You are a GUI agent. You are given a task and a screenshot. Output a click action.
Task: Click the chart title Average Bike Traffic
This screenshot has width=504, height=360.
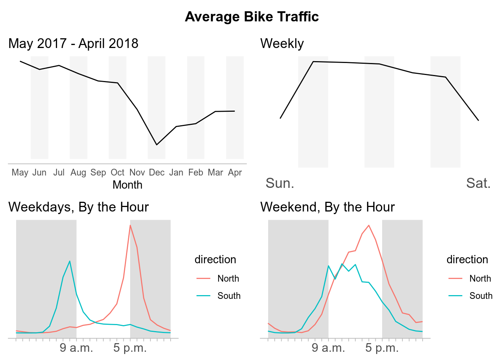coord(252,17)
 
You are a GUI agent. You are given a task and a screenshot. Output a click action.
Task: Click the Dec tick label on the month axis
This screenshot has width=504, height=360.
coord(157,172)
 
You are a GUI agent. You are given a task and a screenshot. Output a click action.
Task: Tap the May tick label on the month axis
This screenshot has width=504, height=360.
coord(20,172)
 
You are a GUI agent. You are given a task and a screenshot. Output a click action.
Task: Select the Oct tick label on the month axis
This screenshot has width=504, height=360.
coord(117,172)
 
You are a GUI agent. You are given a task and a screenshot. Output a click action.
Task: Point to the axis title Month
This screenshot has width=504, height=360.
coord(127,185)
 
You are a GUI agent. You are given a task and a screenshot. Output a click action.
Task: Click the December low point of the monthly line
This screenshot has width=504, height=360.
coord(157,145)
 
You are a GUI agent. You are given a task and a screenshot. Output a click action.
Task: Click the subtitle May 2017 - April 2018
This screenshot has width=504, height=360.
coord(73,43)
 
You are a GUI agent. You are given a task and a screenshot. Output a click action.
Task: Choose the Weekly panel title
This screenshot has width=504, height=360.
coord(282,43)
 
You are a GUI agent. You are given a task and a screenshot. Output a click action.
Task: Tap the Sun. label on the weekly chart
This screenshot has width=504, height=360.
coord(280,183)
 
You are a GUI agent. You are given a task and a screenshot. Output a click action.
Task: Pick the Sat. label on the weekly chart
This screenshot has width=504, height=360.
coord(478,183)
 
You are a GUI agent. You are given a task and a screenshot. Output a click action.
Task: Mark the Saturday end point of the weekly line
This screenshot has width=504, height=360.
coord(478,120)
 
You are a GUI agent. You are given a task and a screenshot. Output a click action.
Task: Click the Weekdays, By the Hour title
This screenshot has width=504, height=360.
coord(79,207)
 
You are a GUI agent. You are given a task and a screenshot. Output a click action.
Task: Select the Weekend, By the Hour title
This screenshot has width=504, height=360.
coord(327,207)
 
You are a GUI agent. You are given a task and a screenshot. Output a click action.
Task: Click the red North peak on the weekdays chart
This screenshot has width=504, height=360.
coord(130,225)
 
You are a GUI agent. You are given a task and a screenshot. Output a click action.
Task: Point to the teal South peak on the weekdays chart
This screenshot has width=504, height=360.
coord(70,261)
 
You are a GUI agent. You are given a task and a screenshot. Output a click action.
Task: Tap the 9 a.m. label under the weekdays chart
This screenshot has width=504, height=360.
coord(76,348)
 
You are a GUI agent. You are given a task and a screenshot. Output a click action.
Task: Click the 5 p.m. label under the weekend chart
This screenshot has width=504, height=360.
coord(382,348)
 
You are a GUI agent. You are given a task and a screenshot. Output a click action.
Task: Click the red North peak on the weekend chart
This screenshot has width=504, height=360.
coord(369,225)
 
